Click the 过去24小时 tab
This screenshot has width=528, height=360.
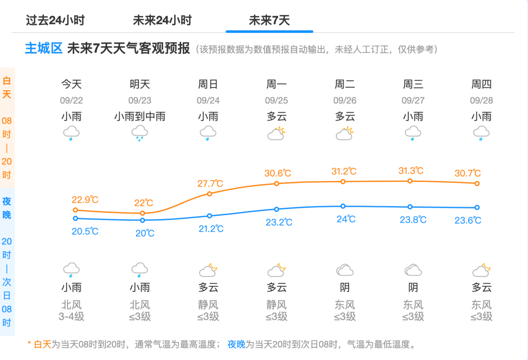click(x=55, y=21)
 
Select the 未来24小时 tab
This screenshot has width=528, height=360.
click(x=162, y=21)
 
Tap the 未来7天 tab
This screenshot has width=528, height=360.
click(x=269, y=21)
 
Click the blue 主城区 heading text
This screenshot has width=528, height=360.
click(x=44, y=49)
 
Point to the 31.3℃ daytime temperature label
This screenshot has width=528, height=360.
click(x=411, y=171)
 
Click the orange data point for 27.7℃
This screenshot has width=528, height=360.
click(x=210, y=194)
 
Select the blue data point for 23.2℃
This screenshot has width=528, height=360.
click(x=277, y=209)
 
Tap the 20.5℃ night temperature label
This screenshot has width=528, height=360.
click(x=85, y=231)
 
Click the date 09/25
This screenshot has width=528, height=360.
click(x=277, y=101)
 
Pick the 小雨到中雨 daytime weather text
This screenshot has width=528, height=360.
click(x=140, y=116)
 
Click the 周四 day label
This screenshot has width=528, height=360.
click(x=482, y=84)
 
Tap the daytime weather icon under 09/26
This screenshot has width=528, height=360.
click(x=345, y=134)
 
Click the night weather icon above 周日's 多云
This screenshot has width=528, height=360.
click(x=208, y=270)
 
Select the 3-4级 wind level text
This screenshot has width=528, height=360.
click(x=71, y=316)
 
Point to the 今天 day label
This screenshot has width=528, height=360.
click(x=71, y=84)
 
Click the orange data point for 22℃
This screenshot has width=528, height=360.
click(x=143, y=213)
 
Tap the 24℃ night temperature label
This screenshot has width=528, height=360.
click(x=346, y=219)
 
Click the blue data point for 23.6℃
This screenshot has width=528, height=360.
click(x=477, y=207)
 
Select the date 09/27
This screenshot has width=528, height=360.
click(x=414, y=101)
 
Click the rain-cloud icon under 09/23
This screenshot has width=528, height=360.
click(x=140, y=133)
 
